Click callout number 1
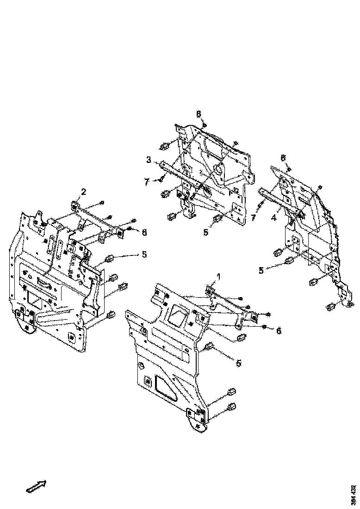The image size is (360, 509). point(219,276)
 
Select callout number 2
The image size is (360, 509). point(84,192)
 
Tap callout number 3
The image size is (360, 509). point(149,160)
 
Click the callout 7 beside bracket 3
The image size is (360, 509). point(147,182)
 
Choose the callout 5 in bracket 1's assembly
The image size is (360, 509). point(238,363)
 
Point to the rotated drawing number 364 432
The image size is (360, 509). point(354,494)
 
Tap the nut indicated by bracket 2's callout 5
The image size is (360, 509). point(111,258)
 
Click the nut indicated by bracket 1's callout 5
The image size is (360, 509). point(209,346)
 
